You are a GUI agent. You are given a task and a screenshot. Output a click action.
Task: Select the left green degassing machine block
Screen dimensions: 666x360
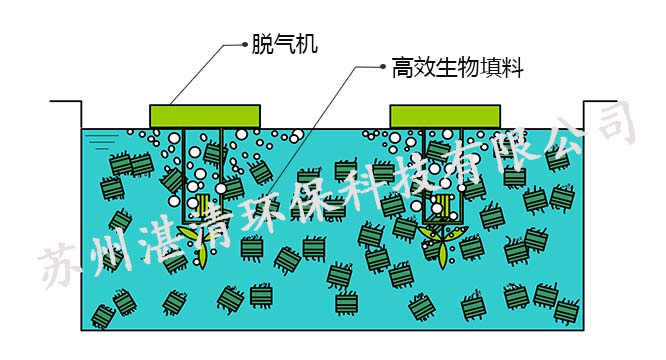[205, 116]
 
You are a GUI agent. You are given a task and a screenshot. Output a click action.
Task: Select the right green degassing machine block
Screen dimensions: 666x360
[444, 116]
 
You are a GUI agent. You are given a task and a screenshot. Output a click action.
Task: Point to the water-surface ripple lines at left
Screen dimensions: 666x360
[97, 135]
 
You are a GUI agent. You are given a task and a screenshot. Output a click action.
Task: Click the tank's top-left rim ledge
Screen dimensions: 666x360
[65, 102]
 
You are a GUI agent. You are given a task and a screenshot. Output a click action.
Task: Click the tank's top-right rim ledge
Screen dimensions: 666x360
[601, 102]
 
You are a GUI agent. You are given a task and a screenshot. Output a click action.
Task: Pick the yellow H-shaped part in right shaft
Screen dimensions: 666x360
[437, 208]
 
